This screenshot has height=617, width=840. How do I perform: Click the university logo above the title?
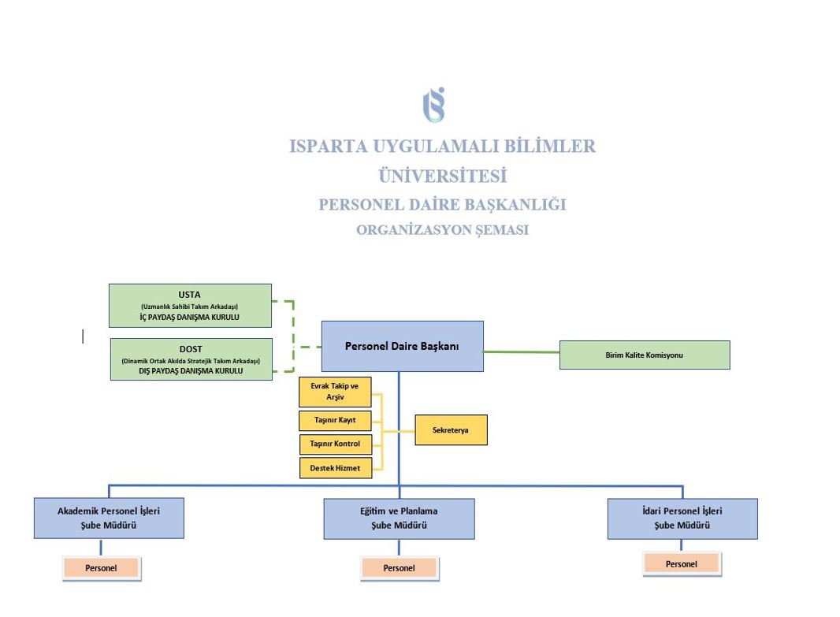[x=433, y=105]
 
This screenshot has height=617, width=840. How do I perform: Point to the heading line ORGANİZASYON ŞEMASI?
[x=442, y=231]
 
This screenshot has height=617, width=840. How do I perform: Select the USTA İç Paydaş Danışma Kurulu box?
[x=190, y=306]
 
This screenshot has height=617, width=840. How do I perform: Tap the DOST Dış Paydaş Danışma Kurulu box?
[x=191, y=359]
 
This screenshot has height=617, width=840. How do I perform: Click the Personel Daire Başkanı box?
[x=402, y=346]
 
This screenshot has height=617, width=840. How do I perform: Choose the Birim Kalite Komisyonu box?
[x=645, y=355]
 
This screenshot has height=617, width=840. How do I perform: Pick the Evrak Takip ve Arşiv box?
[x=335, y=392]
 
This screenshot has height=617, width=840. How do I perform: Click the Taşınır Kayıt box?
[x=335, y=420]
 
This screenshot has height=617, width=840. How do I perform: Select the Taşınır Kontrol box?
[x=335, y=444]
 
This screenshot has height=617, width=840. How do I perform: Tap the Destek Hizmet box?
[x=335, y=468]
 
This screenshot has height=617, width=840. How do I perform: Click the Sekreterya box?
[x=451, y=430]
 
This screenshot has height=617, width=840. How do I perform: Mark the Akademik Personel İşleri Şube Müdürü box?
[x=109, y=518]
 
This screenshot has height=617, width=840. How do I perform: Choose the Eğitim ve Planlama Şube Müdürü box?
[x=399, y=519]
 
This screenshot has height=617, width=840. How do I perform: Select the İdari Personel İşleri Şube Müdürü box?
[x=682, y=519]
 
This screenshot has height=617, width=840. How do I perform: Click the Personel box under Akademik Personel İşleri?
[x=101, y=567]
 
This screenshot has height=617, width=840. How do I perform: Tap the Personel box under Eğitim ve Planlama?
[x=399, y=567]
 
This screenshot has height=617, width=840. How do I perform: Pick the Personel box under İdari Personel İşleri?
[x=681, y=563]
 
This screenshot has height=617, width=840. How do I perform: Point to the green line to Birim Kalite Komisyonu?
[x=521, y=351]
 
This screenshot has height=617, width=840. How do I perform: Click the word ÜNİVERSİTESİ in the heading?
[x=442, y=176]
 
